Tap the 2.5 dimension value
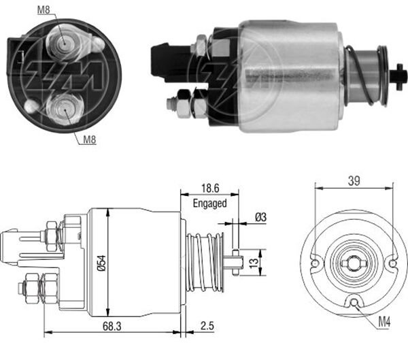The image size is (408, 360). pyautogui.click(x=204, y=325)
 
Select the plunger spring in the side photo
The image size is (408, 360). pyautogui.click(x=365, y=75)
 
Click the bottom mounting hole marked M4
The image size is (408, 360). pyautogui.click(x=354, y=304)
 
